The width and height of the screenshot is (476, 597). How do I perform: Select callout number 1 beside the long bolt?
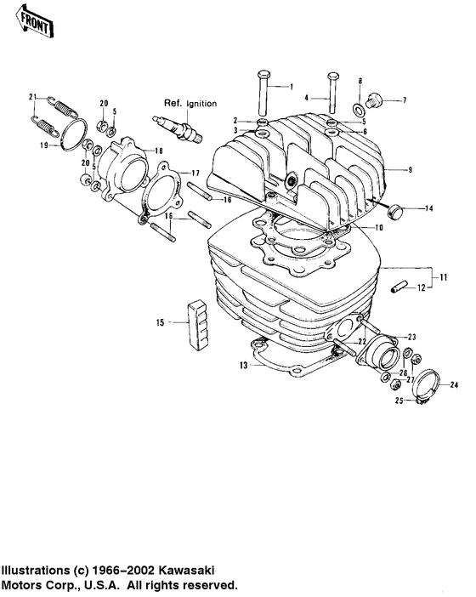290,87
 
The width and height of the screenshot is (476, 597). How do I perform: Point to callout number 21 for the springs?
32,96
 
